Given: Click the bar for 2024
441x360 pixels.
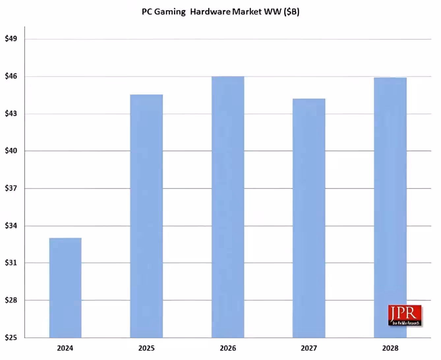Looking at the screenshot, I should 65,287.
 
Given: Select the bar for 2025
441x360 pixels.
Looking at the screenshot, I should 146,216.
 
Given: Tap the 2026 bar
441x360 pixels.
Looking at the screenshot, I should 228,207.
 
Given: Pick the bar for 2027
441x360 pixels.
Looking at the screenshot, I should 309,218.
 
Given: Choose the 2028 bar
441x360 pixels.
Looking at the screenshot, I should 390,207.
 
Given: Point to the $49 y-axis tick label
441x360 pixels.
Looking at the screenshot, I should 11,39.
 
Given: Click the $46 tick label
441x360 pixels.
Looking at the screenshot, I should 11,76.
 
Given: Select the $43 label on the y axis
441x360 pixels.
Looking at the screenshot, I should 11,114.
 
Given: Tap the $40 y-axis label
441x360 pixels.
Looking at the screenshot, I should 11,151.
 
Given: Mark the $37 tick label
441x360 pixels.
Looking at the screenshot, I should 11,189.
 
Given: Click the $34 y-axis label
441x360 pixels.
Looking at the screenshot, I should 11,226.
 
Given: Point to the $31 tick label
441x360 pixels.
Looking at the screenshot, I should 11,263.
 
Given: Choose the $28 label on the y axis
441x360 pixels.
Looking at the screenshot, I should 11,300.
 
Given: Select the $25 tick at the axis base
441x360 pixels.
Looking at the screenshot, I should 11,338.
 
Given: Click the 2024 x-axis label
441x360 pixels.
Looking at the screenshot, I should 65,348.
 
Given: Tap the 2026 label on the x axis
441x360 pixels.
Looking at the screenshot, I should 228,348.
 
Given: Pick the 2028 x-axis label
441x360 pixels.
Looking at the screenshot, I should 390,348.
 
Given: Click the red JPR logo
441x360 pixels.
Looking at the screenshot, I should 405,315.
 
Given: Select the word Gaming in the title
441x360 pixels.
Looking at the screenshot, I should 170,12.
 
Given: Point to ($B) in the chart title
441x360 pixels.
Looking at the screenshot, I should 291,12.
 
